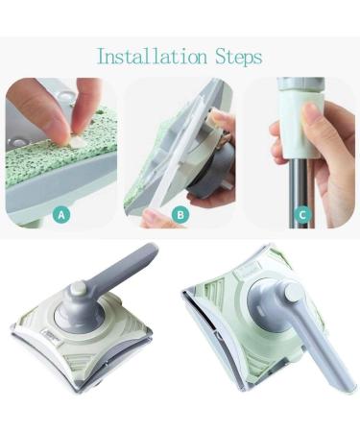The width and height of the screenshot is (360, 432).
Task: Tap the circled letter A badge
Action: (61, 215)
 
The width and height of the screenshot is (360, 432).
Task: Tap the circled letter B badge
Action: (180, 215)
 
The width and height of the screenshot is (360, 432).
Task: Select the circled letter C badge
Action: (301, 215)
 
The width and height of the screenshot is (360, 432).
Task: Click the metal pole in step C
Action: (300, 182)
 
